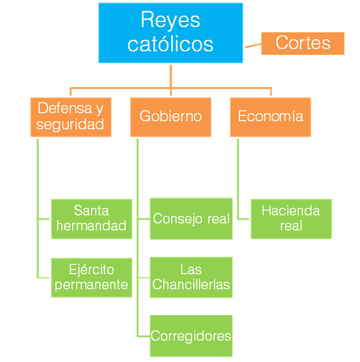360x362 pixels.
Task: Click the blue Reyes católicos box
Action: (171, 33)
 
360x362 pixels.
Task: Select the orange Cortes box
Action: (303, 44)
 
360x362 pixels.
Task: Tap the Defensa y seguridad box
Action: (71, 117)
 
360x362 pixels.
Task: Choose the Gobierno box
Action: (171, 117)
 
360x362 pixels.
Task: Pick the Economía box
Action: (270, 117)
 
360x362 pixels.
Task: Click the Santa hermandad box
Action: (92, 219)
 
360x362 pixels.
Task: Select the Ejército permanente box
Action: (92, 277)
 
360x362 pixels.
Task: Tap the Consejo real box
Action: (191, 219)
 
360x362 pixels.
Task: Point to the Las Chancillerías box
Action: (191, 277)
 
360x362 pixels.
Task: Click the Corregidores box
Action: (191, 336)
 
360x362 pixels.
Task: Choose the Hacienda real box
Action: (291, 219)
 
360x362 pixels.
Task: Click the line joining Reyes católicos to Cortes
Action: (253, 45)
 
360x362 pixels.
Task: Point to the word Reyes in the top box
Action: (171, 20)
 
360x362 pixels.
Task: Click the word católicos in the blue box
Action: (171, 44)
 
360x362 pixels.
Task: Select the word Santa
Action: (92, 210)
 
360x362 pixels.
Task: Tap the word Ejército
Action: (92, 270)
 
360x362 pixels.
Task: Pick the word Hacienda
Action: (291, 210)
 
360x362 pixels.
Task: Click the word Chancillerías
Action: (191, 284)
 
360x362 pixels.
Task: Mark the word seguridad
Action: (70, 124)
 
